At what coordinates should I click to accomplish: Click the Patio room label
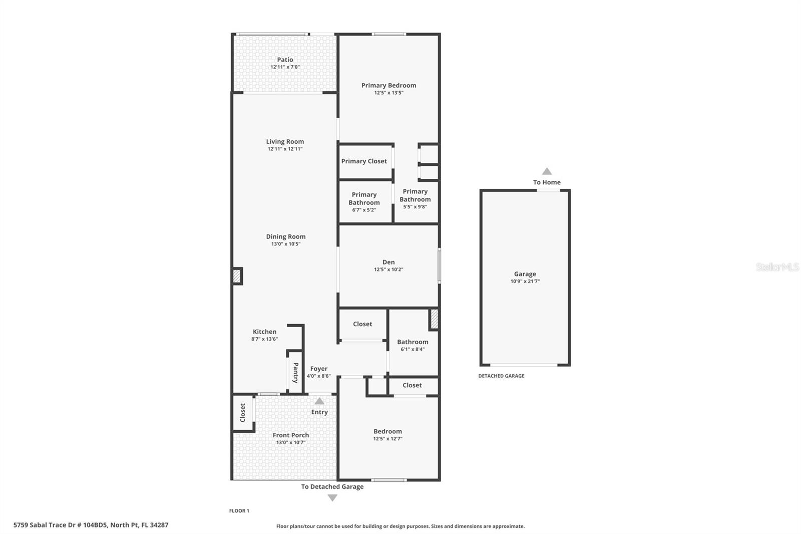point(285,60)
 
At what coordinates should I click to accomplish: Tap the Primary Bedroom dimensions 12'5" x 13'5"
point(388,93)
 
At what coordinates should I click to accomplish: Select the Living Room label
point(285,142)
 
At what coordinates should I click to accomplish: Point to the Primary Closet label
point(364,161)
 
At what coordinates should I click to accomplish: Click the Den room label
point(388,262)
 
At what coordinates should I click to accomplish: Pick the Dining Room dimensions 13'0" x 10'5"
point(286,244)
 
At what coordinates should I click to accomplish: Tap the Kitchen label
point(264,332)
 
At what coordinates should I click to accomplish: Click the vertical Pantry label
point(295,373)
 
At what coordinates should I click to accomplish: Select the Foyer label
point(318,369)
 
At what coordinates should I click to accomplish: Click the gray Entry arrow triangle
point(319,401)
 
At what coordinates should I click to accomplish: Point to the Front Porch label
point(290,435)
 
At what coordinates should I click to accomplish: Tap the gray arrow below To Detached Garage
point(332,498)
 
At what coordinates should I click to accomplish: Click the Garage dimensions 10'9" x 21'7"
point(525,282)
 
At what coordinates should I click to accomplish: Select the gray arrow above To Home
point(547,171)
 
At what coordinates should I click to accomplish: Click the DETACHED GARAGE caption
point(501,376)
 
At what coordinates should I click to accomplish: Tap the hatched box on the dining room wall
point(237,277)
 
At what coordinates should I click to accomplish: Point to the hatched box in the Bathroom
point(434,319)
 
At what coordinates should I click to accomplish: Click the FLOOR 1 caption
point(239,511)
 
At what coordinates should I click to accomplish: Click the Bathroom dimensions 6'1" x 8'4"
point(413,349)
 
